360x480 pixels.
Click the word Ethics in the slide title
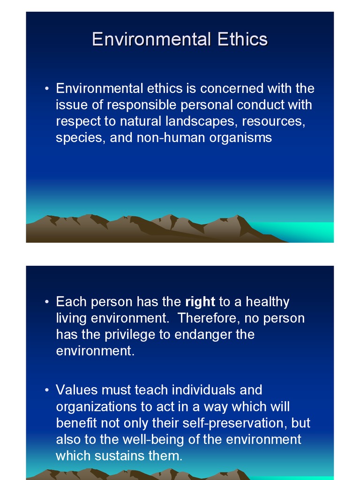(242, 39)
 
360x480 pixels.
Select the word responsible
(131, 105)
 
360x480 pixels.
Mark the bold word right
(200, 302)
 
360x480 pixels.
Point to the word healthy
(267, 302)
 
